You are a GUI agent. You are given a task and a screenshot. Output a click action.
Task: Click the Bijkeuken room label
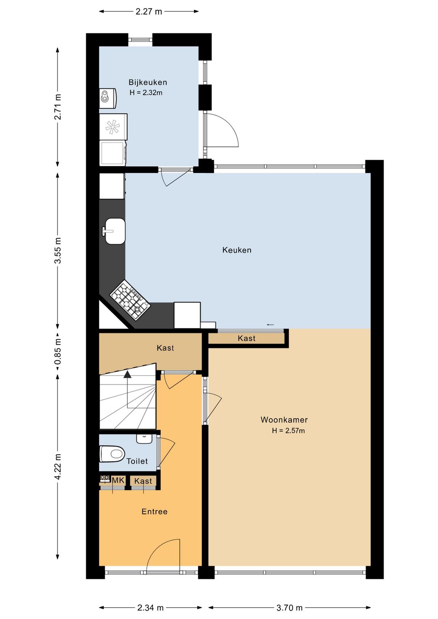pyautogui.click(x=148, y=82)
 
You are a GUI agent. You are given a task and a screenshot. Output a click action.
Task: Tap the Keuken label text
pyautogui.click(x=237, y=250)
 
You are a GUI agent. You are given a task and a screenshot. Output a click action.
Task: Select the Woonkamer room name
pyautogui.click(x=284, y=420)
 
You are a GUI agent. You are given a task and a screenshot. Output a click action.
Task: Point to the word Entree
pyautogui.click(x=155, y=512)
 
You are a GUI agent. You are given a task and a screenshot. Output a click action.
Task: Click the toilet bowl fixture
pyautogui.click(x=112, y=454)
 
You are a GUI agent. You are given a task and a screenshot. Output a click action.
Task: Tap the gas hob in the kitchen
pyautogui.click(x=130, y=300)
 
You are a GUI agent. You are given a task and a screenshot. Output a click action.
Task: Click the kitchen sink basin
pyautogui.click(x=115, y=231)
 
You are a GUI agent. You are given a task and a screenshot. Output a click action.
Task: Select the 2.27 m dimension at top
pyautogui.click(x=149, y=12)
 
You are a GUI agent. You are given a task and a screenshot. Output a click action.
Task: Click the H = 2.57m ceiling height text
pyautogui.click(x=288, y=430)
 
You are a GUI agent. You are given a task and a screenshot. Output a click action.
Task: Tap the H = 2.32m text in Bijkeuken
pyautogui.click(x=146, y=92)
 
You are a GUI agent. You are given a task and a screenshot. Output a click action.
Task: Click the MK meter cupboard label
pyautogui.click(x=118, y=480)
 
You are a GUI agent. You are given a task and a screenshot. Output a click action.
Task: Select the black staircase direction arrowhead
pyautogui.click(x=127, y=374)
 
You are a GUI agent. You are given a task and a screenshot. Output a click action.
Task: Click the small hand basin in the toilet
pyautogui.click(x=144, y=438)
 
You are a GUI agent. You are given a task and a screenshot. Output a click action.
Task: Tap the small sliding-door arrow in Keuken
pyautogui.click(x=270, y=325)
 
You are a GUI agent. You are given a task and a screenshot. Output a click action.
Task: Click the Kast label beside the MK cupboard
pyautogui.click(x=143, y=481)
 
